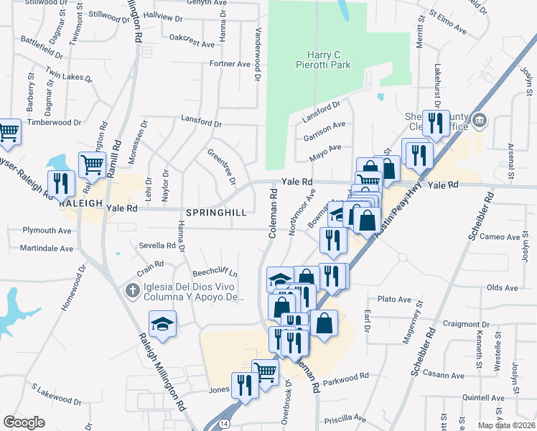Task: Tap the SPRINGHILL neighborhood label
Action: coord(216,213)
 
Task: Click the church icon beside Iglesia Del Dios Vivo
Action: coord(131,291)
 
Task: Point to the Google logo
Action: coord(24,422)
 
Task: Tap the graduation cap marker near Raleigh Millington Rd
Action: coord(163,324)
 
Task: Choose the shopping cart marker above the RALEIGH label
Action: coord(92,165)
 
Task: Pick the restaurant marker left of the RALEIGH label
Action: coord(60,185)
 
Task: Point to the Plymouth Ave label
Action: coord(47,231)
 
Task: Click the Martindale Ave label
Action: coord(47,249)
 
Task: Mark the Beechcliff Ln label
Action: coord(215,274)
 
